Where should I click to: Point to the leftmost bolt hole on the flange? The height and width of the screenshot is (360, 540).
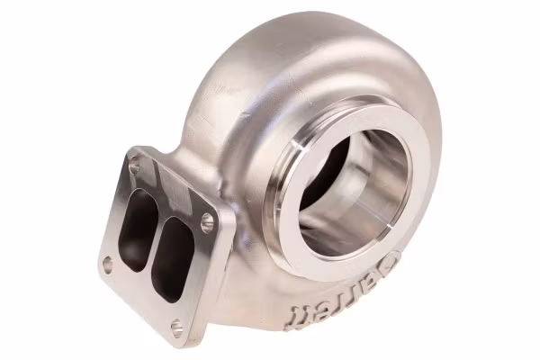(x=107, y=264)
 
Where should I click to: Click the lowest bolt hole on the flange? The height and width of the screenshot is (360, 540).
(x=176, y=326)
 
